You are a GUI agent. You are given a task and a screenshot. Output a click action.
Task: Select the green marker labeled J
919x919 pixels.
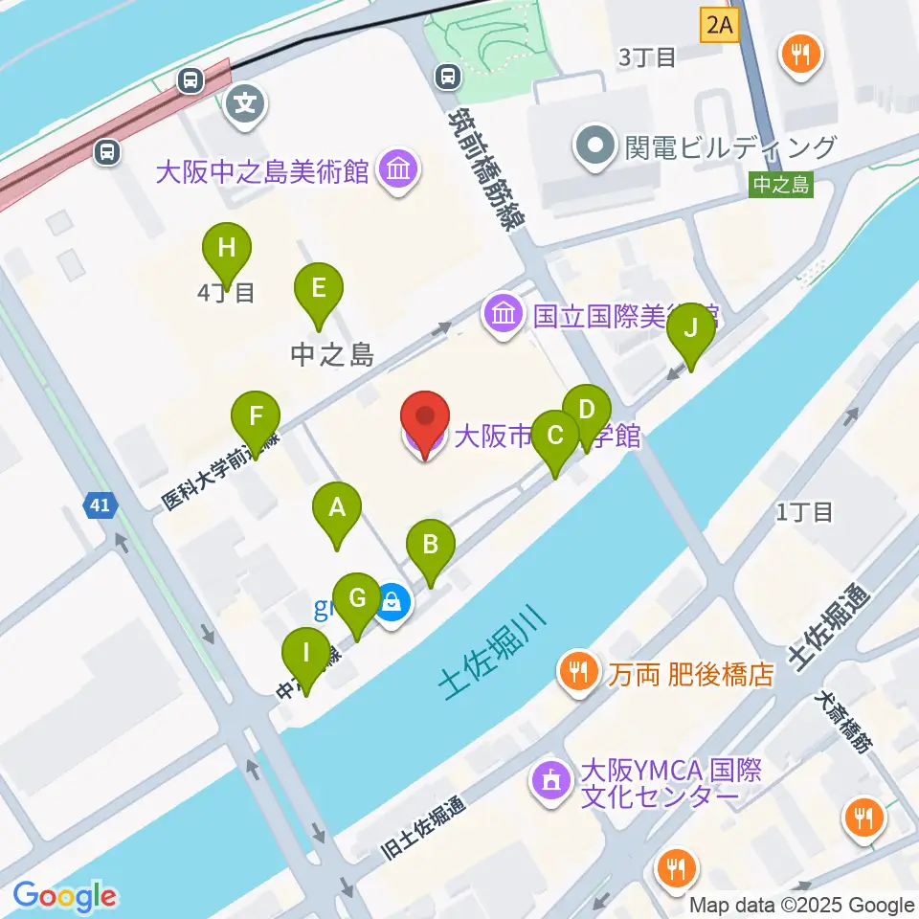(691, 330)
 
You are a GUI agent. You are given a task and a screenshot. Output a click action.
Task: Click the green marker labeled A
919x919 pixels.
(336, 508)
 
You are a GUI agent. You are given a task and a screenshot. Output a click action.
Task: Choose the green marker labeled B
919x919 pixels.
(431, 547)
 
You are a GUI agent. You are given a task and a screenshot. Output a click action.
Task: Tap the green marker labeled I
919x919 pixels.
(306, 656)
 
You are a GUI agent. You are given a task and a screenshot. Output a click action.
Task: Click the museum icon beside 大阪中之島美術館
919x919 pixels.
(394, 172)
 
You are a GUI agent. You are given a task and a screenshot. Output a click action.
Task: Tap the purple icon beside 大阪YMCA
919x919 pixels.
(551, 782)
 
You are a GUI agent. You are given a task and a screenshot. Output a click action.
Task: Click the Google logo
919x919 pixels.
(65, 896)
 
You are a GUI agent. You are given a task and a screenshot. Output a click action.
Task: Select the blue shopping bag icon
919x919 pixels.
(393, 603)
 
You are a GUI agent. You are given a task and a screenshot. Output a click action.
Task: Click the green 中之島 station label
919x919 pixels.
(780, 185)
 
